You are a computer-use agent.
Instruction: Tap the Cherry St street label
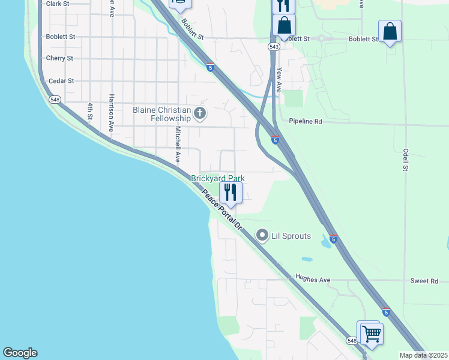click(x=59, y=58)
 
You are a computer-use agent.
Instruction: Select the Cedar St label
click(x=61, y=80)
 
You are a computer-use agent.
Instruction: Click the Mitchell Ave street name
click(x=178, y=145)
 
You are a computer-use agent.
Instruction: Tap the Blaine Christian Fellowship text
click(x=161, y=114)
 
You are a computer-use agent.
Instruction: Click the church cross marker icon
click(x=200, y=113)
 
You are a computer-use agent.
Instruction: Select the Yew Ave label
click(x=279, y=79)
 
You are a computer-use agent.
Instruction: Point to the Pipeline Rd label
click(x=306, y=121)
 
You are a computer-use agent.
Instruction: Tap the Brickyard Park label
click(x=218, y=178)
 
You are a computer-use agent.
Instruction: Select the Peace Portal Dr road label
click(x=221, y=211)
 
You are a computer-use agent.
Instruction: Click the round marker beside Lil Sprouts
click(x=262, y=236)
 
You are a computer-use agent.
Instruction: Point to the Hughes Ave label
click(x=313, y=279)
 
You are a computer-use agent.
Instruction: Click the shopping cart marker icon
click(x=371, y=333)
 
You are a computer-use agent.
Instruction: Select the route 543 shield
click(x=274, y=46)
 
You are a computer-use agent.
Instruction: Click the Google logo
click(x=20, y=353)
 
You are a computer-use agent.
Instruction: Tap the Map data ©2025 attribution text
click(x=423, y=355)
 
